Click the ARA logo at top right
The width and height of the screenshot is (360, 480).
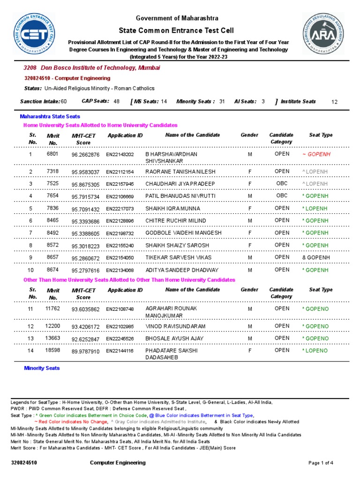pyautogui.click(x=323, y=33)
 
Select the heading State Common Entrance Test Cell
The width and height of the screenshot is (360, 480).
pyautogui.click(x=177, y=30)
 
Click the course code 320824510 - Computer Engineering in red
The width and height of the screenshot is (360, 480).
pyautogui.click(x=67, y=78)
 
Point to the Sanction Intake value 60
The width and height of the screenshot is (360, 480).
pyautogui.click(x=64, y=102)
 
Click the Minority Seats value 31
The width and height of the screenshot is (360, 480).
pyautogui.click(x=222, y=102)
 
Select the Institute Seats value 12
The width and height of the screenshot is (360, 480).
pyautogui.click(x=334, y=102)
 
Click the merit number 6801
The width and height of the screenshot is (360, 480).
pyautogui.click(x=52, y=154)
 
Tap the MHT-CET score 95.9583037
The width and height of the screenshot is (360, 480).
pyautogui.click(x=85, y=172)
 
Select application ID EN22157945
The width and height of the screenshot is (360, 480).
pyautogui.click(x=120, y=184)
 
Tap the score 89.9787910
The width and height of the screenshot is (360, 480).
pyautogui.click(x=85, y=351)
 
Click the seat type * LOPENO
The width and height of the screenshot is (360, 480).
pyautogui.click(x=315, y=351)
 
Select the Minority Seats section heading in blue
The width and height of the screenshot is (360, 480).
pyautogui.click(x=42, y=368)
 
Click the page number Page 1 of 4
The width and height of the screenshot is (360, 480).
pyautogui.click(x=321, y=463)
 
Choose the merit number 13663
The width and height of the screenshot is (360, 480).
pyautogui.click(x=52, y=338)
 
